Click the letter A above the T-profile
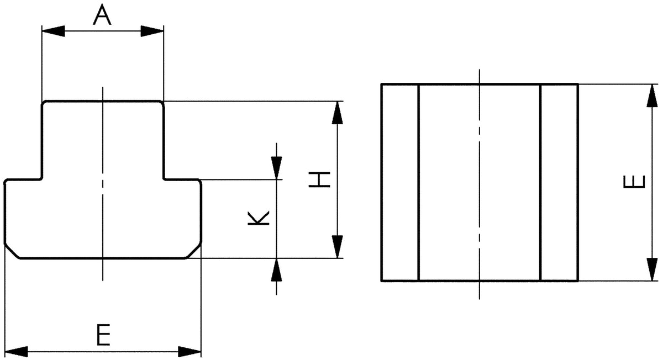coord(102,15)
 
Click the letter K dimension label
coord(259,218)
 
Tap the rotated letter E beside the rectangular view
coord(634,182)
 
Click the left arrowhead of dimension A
coord(53,31)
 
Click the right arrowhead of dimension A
coord(152,31)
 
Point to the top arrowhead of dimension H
coord(338,113)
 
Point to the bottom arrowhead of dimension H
coord(338,247)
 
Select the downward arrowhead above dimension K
coord(276,168)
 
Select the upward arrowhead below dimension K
coord(276,270)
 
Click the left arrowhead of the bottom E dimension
coord(17,352)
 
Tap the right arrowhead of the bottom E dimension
coord(190,352)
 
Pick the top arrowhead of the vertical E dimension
coord(653,96)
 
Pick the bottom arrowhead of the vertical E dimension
coord(653,269)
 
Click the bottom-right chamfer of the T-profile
coord(194,251)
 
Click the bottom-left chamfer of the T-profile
coord(12,251)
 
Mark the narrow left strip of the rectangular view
coord(400,183)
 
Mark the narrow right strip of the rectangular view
coord(559,183)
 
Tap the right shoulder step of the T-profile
coord(181,179)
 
